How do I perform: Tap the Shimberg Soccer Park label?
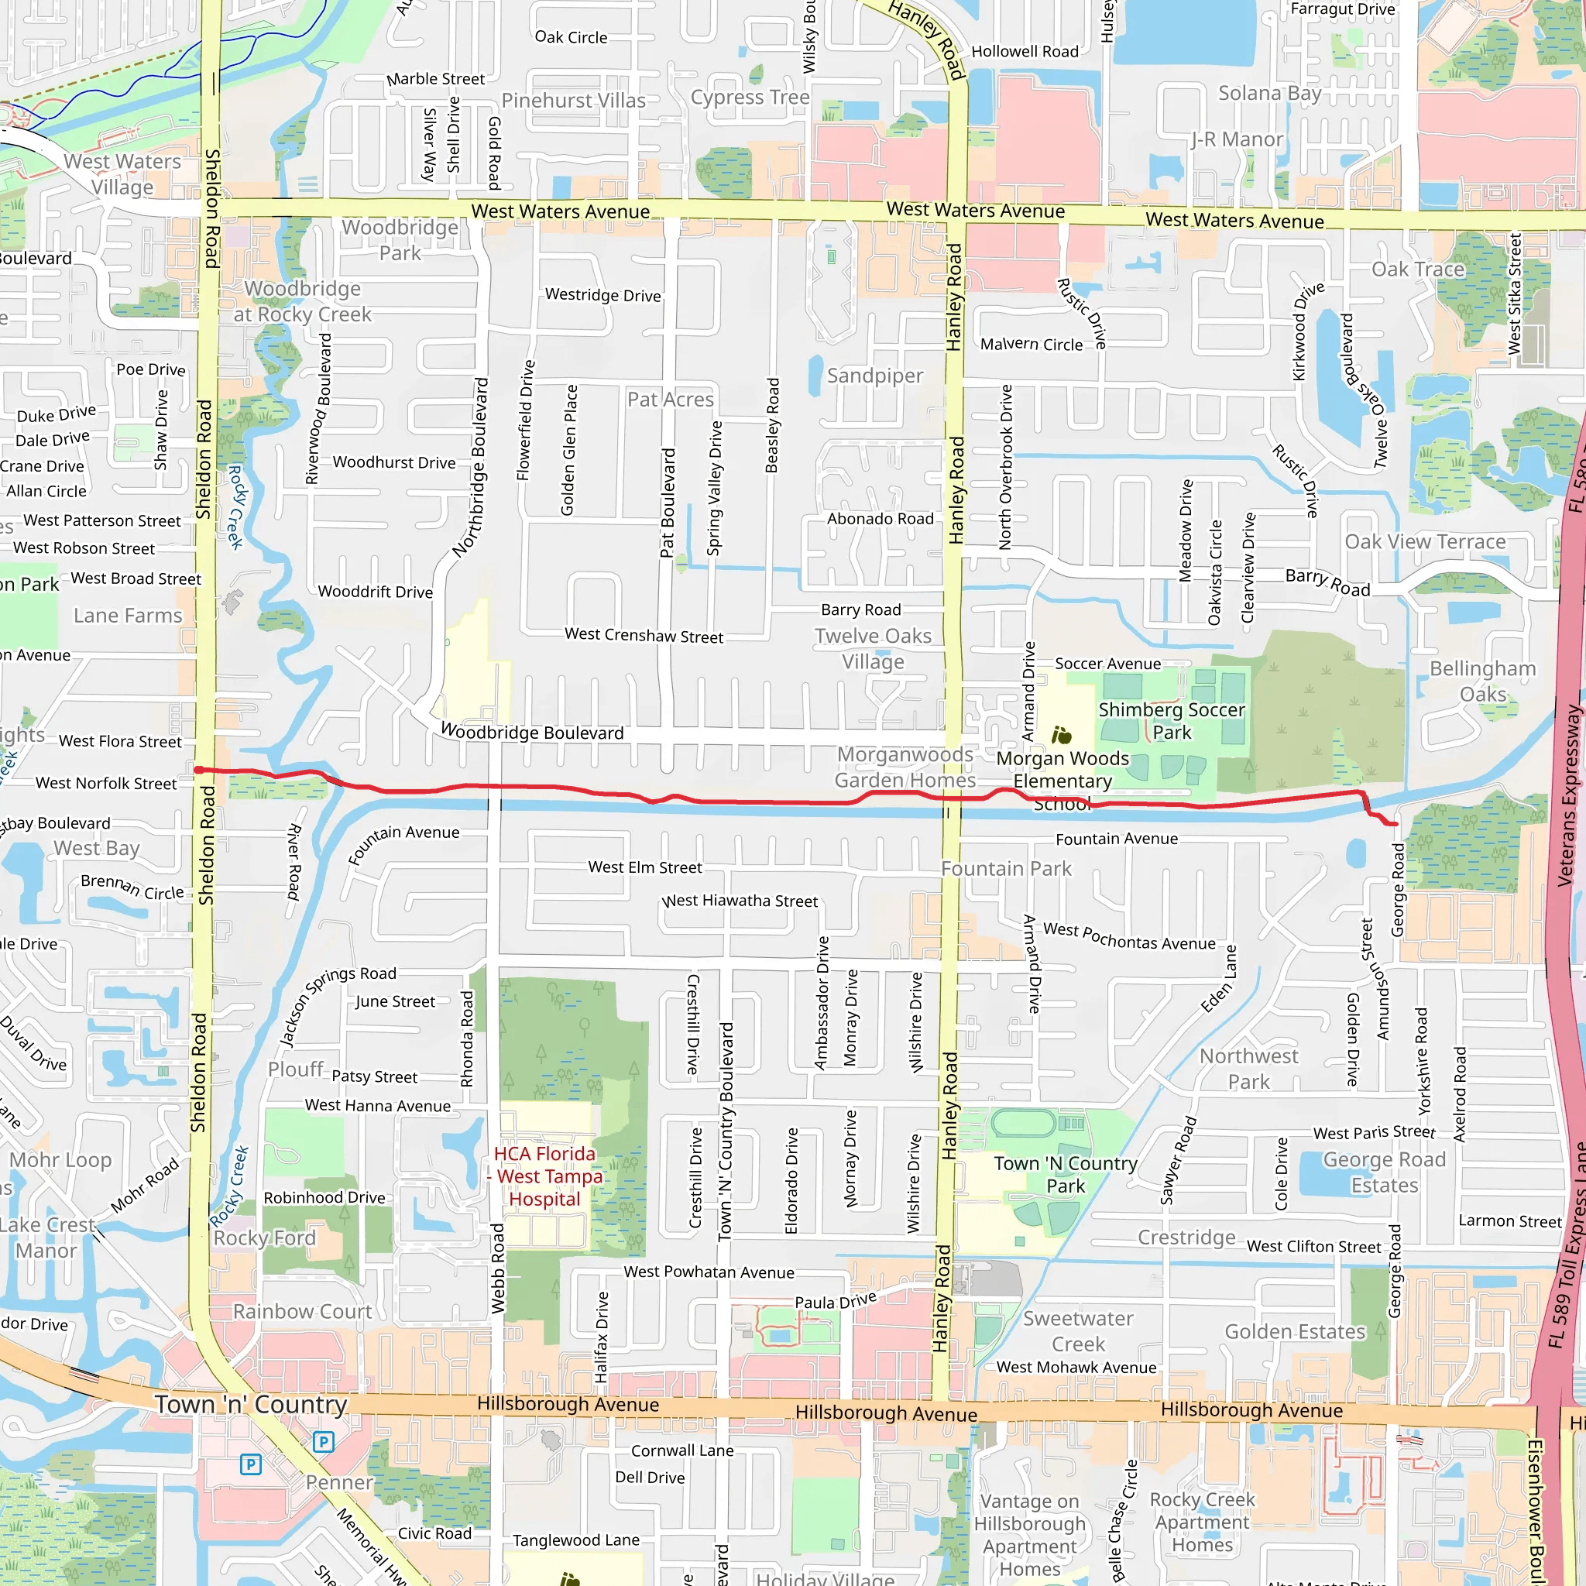tap(1172, 721)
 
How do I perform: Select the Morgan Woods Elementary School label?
tap(1062, 781)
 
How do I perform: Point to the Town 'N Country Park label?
tap(1066, 1174)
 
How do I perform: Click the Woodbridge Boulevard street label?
tap(532, 731)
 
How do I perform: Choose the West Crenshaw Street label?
tap(644, 635)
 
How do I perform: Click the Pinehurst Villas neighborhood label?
tap(573, 100)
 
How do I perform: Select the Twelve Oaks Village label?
tap(873, 648)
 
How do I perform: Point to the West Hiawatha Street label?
tap(740, 901)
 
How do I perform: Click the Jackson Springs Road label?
tap(338, 1007)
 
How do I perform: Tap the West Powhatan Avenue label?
tap(709, 1272)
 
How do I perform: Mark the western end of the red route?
tap(199, 770)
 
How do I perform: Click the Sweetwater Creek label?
tap(1078, 1330)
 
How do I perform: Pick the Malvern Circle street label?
tap(1031, 344)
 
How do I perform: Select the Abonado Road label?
tap(880, 519)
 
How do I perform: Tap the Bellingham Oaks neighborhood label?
tap(1482, 681)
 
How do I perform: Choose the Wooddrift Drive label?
tap(375, 592)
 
